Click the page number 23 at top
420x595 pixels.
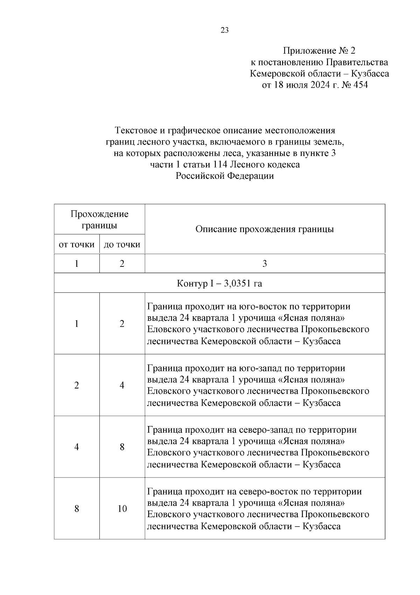(225, 31)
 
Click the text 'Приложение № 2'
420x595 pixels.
(319, 51)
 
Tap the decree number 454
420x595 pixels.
(360, 85)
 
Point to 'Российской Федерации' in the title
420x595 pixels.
(225, 176)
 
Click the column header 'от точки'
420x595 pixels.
(77, 244)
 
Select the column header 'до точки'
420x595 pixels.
(122, 244)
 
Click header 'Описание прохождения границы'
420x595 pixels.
(265, 229)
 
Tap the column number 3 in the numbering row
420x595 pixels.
(265, 264)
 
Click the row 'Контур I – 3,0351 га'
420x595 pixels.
(219, 283)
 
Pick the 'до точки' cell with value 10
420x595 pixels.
(122, 508)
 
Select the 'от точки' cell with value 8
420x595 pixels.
(77, 508)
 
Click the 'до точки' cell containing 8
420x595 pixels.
(122, 447)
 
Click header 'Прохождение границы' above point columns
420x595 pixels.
(99, 219)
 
